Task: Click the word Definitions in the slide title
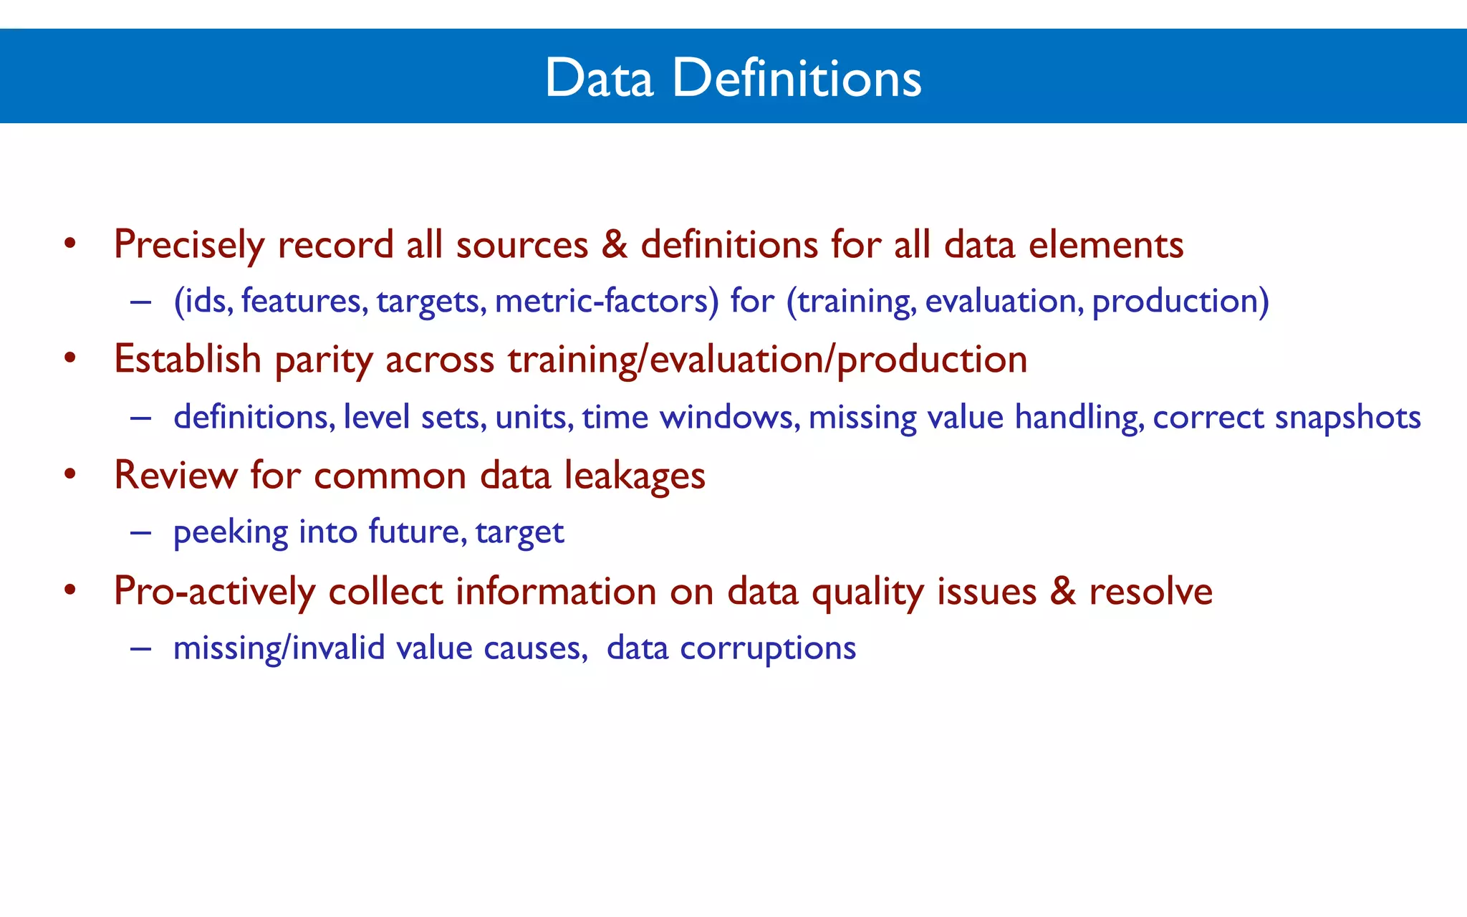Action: tap(797, 77)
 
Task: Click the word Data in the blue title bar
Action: tap(599, 77)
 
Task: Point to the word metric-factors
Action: tap(606, 301)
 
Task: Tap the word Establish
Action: tap(188, 359)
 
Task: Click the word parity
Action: tap(324, 360)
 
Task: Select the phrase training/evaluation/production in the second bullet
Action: tap(768, 360)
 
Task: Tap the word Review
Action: tap(175, 475)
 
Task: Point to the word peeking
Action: tap(230, 532)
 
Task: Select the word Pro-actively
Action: tap(214, 592)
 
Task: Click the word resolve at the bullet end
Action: tap(1150, 591)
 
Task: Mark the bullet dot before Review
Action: tap(69, 474)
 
